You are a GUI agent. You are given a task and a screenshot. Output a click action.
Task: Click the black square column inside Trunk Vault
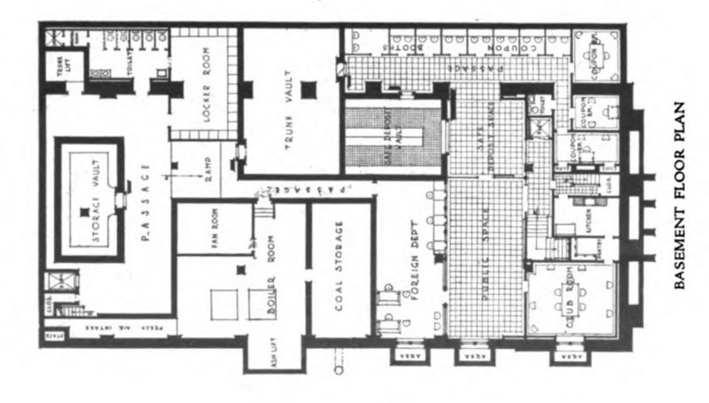[x=308, y=89]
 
